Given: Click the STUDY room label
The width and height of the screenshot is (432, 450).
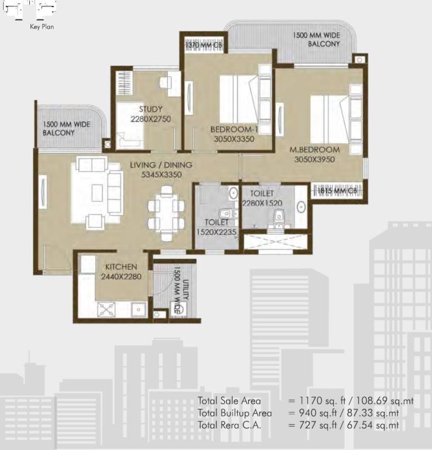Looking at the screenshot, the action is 151,109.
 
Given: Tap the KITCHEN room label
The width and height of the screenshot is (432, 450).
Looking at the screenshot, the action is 121,267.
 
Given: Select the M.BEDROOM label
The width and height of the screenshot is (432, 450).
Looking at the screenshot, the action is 315,150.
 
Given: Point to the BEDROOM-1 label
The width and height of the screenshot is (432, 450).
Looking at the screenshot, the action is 234,129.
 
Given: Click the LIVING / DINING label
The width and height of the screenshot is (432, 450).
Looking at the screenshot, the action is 161,165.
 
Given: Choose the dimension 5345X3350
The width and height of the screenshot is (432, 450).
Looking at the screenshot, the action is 162,175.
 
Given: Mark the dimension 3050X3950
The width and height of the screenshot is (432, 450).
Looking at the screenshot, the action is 315,159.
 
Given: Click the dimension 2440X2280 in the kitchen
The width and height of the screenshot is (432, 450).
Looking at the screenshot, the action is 121,277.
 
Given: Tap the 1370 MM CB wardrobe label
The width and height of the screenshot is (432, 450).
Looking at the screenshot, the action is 204,45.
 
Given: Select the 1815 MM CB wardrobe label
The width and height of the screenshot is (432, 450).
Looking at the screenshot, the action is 337,191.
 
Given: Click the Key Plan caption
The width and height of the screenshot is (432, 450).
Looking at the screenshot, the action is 42,27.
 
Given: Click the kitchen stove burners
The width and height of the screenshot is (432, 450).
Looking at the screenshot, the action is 107,309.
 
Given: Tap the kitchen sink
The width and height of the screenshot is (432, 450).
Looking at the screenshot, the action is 139,309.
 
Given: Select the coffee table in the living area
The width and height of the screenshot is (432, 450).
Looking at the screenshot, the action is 97,193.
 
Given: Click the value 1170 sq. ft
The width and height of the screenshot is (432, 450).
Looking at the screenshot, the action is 322,401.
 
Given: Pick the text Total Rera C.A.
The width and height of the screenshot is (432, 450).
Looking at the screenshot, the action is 229,425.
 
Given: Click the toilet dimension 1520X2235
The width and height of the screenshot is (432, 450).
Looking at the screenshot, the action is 217,232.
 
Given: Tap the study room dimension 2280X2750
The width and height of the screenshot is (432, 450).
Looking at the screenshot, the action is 151,119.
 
